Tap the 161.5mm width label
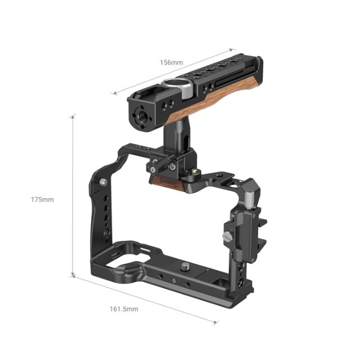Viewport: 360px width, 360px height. click(125, 309)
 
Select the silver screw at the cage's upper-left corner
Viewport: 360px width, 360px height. click(102, 181)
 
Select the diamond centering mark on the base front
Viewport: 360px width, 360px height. click(174, 280)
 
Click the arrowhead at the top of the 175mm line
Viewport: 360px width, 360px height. click(73, 116)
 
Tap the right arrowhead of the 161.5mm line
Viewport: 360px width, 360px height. click(216, 323)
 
